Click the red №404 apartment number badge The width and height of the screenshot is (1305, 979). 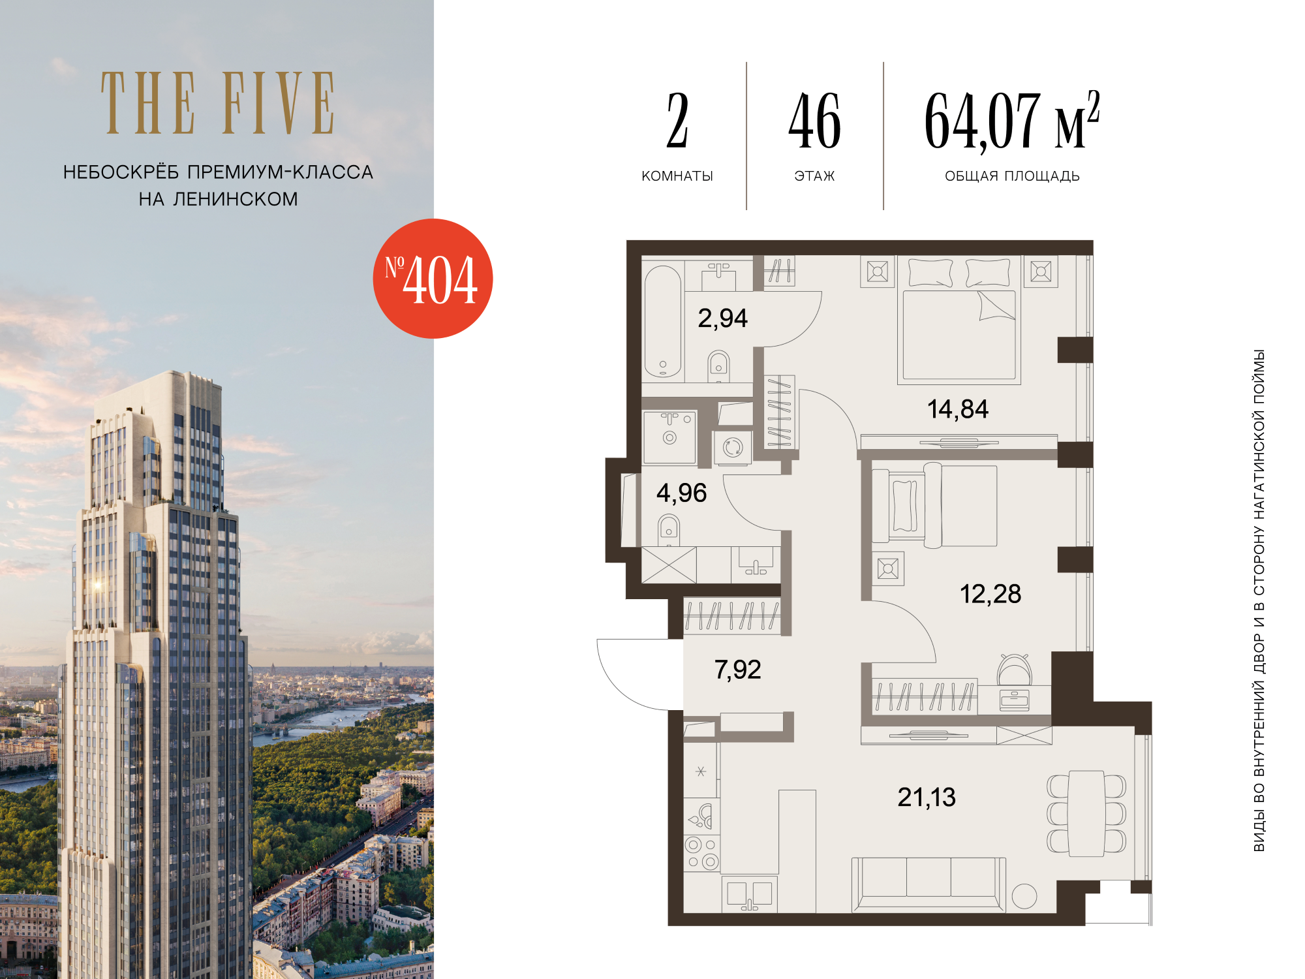(433, 279)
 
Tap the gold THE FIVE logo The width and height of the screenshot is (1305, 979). (218, 103)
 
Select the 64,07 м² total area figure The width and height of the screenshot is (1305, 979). (1012, 121)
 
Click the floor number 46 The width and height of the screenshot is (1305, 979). (814, 121)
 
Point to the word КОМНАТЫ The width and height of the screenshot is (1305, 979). (677, 176)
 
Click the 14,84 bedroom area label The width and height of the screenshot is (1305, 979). (958, 409)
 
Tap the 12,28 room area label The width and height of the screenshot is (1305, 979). (990, 594)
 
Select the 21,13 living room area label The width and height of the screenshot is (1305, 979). (927, 797)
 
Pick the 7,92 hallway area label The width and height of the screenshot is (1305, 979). (737, 670)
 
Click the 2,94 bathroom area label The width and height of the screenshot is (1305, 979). (722, 319)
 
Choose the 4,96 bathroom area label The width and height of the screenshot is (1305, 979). (681, 493)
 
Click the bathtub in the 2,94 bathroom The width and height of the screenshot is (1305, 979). (663, 321)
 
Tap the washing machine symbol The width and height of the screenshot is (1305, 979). (733, 448)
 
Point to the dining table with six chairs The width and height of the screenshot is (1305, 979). (1086, 813)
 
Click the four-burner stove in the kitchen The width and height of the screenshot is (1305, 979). (701, 853)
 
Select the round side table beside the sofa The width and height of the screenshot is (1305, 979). (1024, 896)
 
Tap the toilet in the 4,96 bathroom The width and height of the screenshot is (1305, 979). (669, 531)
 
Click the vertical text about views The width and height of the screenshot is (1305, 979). (1259, 600)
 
